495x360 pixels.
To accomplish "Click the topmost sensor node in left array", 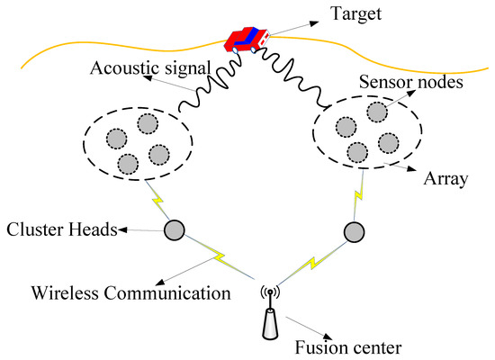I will (147, 122).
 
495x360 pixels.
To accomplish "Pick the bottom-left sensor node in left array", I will (127, 164).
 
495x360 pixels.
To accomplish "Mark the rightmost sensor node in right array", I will (389, 142).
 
